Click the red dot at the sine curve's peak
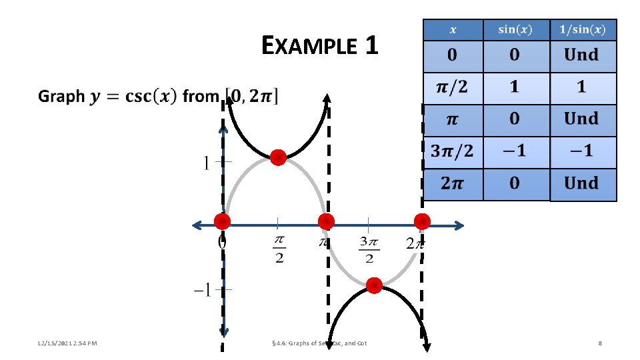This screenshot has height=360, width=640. pyautogui.click(x=278, y=158)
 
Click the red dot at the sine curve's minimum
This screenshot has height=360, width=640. pyautogui.click(x=374, y=286)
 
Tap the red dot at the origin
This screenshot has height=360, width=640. pyautogui.click(x=222, y=221)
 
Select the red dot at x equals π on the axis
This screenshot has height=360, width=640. pyautogui.click(x=326, y=221)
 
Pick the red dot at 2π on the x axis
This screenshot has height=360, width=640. pyautogui.click(x=422, y=221)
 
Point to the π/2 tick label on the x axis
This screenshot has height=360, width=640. pyautogui.click(x=279, y=249)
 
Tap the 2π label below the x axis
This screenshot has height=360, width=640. pyautogui.click(x=414, y=243)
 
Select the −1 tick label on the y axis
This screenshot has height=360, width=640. pyautogui.click(x=203, y=290)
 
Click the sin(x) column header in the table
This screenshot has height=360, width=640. pyautogui.click(x=516, y=29)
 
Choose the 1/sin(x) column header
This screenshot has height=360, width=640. pyautogui.click(x=583, y=29)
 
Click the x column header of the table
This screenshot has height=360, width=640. pyautogui.click(x=453, y=29)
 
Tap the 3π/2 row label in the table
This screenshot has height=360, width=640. pyautogui.click(x=452, y=151)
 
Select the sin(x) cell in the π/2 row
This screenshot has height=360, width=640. pyautogui.click(x=515, y=87)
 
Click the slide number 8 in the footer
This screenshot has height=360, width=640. pyautogui.click(x=601, y=343)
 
